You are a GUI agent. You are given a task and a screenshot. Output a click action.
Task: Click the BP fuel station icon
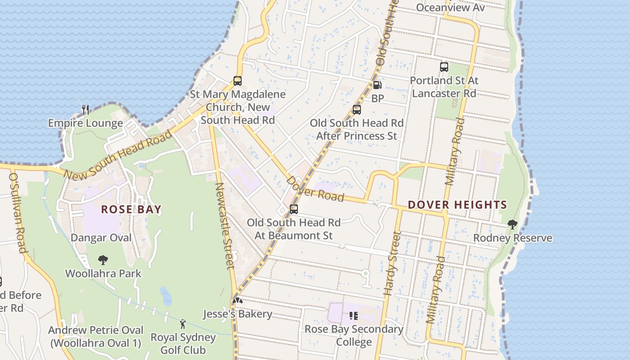click(x=378, y=85)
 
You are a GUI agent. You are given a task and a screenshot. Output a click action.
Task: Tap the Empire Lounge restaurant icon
click(x=85, y=109)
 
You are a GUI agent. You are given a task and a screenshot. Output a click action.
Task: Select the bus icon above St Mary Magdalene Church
click(x=238, y=81)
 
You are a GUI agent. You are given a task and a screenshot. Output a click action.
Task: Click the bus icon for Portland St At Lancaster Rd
click(x=444, y=67)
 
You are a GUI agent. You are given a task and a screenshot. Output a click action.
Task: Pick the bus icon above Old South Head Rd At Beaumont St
click(x=294, y=209)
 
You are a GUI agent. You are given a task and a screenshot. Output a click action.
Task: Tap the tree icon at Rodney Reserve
click(x=512, y=225)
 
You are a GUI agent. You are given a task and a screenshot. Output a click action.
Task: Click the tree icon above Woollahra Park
click(x=103, y=260)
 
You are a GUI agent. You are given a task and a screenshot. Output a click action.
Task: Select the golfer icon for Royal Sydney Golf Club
click(x=183, y=324)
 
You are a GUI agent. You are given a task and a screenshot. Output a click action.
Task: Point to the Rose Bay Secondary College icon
click(x=354, y=316)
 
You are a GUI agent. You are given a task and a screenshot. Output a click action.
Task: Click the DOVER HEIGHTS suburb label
click(x=457, y=205)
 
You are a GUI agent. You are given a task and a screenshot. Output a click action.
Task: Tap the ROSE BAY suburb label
click(x=131, y=210)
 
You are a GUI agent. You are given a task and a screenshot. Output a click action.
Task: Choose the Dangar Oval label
click(x=101, y=238)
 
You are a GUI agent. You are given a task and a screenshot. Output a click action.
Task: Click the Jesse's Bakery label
click(x=238, y=314)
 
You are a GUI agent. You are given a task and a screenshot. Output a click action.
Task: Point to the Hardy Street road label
click(x=392, y=263)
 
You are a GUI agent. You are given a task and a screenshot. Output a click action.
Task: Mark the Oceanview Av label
click(x=450, y=8)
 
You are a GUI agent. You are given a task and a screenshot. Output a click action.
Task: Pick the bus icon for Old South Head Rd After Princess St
click(x=357, y=109)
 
